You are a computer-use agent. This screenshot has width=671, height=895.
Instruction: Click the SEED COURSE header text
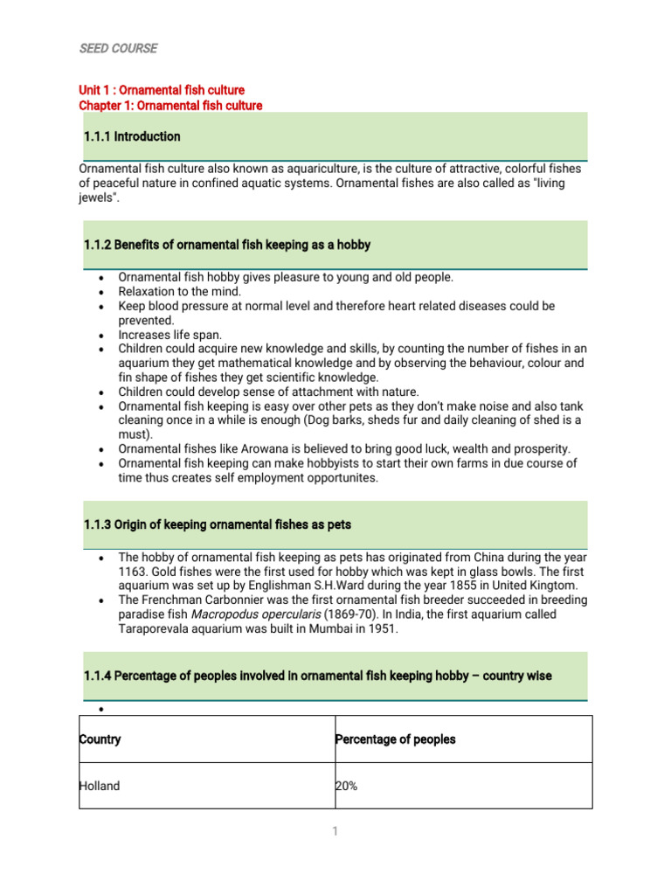point(118,49)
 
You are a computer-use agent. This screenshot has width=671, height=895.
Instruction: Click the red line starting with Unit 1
point(162,90)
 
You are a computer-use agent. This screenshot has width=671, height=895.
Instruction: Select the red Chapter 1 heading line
point(170,106)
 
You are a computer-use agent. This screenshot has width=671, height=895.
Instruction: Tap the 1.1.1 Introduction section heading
point(132,136)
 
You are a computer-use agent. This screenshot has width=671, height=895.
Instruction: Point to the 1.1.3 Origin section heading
point(218,524)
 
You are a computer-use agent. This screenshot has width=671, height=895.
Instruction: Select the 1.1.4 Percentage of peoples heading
point(317,676)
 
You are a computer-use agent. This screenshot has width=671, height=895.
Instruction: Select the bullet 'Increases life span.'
point(169,335)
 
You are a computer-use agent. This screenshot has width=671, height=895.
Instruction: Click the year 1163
point(133,572)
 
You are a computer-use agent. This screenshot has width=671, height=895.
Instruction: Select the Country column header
point(100,739)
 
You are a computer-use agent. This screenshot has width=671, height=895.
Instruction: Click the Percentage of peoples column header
point(396,739)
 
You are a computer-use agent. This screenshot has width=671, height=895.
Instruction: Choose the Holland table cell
point(100,786)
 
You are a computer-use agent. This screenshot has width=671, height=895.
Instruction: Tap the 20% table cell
point(347,786)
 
